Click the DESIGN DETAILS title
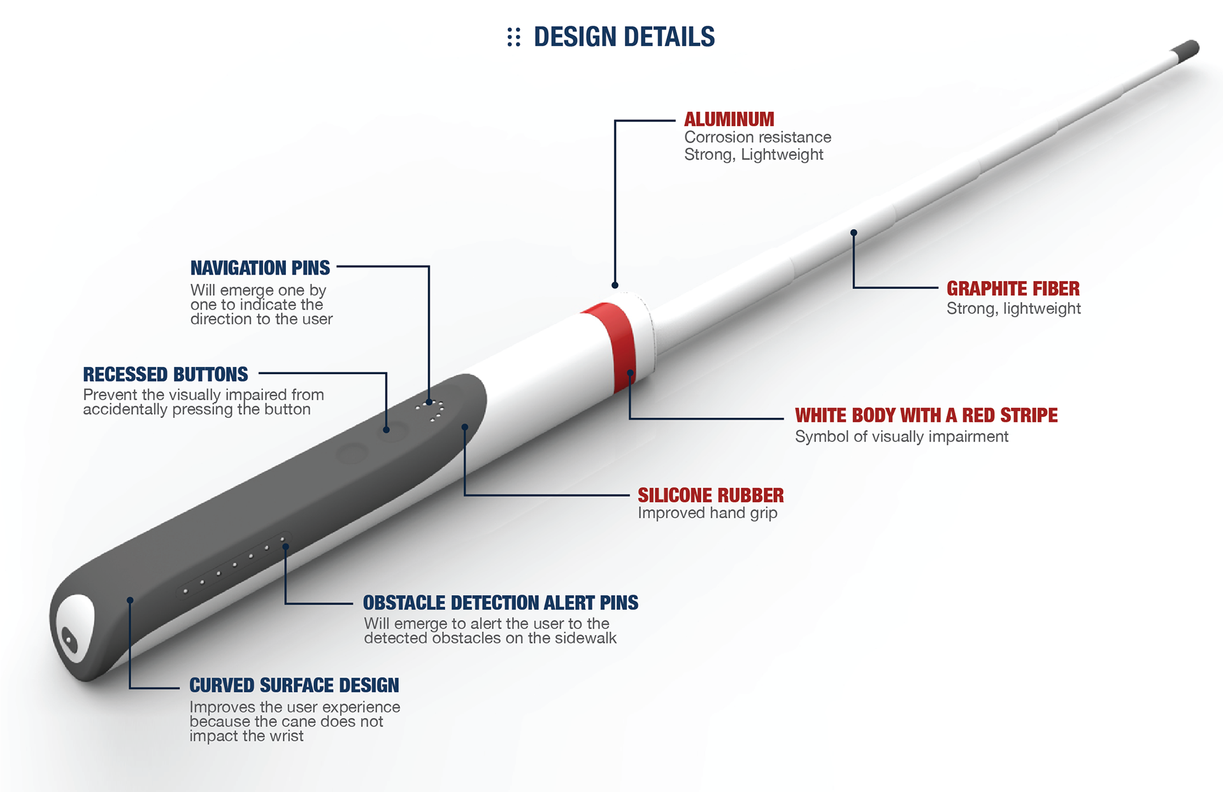click(624, 37)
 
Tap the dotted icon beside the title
click(513, 37)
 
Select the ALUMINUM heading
click(729, 119)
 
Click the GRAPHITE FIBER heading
click(1013, 289)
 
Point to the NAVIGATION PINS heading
click(260, 268)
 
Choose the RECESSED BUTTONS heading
click(165, 374)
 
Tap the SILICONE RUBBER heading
click(710, 495)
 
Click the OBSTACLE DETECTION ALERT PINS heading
click(500, 603)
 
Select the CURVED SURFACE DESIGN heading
click(294, 685)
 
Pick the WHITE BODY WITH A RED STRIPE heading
click(926, 415)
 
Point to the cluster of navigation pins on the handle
click(431, 410)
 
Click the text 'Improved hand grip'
click(707, 513)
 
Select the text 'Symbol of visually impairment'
click(901, 436)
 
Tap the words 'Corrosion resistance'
click(757, 137)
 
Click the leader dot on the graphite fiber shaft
click(854, 233)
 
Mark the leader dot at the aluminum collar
click(615, 285)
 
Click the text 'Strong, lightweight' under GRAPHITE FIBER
click(1013, 308)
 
